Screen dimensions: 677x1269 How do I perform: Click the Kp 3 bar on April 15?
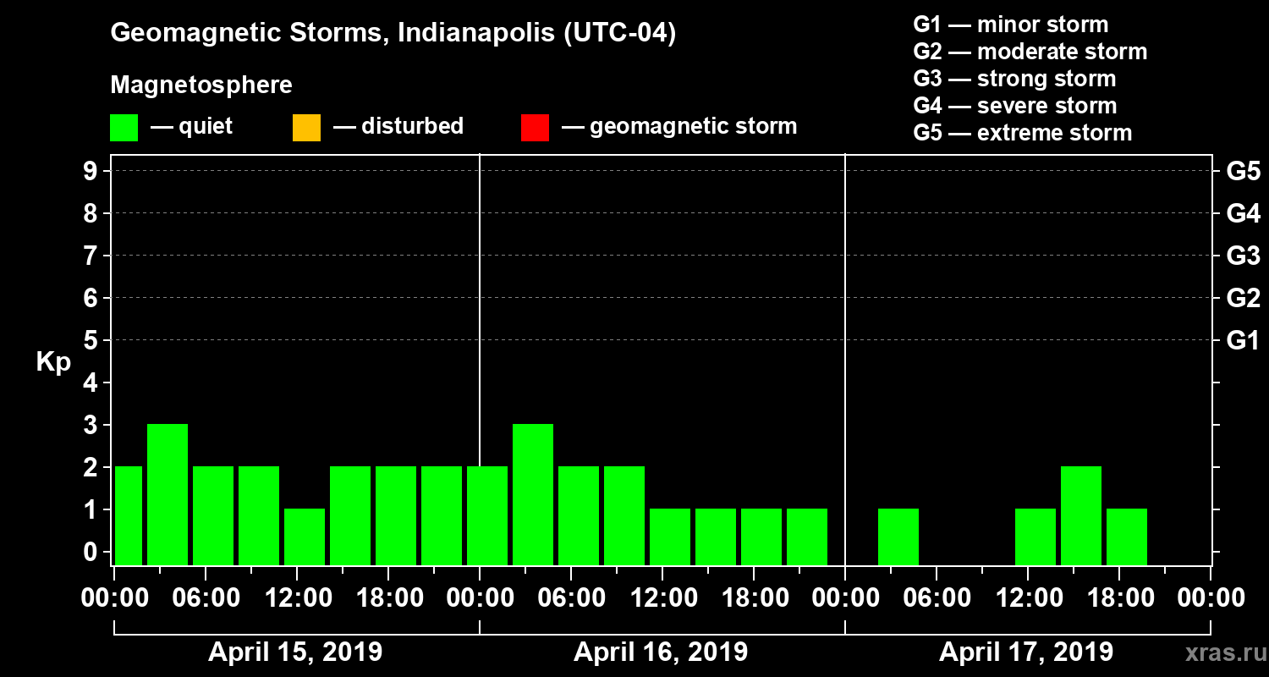168,494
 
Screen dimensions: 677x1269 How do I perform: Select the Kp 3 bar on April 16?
533,494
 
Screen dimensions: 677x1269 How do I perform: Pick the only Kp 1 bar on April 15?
305,537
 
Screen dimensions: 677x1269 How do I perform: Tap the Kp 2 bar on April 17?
1081,515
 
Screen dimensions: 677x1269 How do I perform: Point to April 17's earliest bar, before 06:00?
898,537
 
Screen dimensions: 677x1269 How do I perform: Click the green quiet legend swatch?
124,127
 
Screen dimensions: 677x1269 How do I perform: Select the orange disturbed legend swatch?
306,127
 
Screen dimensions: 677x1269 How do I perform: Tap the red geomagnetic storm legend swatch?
535,127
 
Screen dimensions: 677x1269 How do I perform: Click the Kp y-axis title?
53,361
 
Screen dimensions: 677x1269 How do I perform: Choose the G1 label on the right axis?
1243,340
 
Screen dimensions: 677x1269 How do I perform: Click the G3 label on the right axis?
1243,256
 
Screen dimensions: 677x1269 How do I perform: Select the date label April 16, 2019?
661,652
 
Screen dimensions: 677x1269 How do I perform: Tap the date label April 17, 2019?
1026,652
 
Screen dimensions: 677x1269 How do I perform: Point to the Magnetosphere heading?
201,85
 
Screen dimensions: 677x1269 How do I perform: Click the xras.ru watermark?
1221,653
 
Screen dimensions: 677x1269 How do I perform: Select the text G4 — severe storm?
1015,106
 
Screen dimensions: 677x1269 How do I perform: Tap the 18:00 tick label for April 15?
388,598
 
